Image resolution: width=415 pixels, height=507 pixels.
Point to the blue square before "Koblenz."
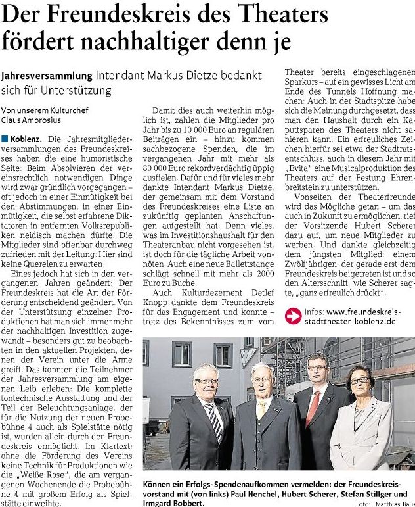[x=5, y=140]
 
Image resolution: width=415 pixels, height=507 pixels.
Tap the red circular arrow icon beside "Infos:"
[x=292, y=315]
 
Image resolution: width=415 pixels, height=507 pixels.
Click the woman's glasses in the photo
[x=359, y=380]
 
